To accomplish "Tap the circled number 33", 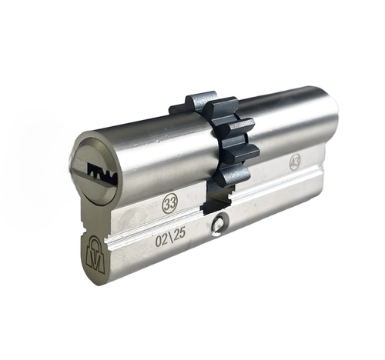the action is point(170,203).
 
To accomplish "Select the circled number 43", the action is point(294,162).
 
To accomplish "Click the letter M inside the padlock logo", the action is point(96,258).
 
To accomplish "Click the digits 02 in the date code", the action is point(162,240).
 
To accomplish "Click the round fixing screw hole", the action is point(219,225).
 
